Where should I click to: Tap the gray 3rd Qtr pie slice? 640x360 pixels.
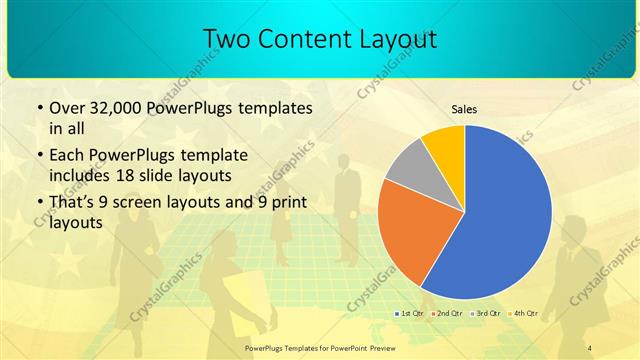(409, 170)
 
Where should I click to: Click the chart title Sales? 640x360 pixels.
(464, 109)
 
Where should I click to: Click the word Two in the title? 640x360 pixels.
(228, 39)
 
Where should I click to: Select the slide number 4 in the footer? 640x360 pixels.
(589, 347)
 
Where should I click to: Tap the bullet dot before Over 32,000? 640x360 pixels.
(38, 108)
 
